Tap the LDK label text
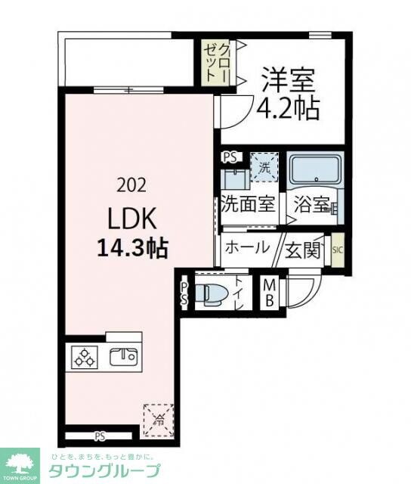131,219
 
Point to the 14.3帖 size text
131,247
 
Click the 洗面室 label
247,206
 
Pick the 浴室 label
312,206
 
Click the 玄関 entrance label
303,249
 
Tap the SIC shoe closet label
337,249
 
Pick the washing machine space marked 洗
264,167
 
